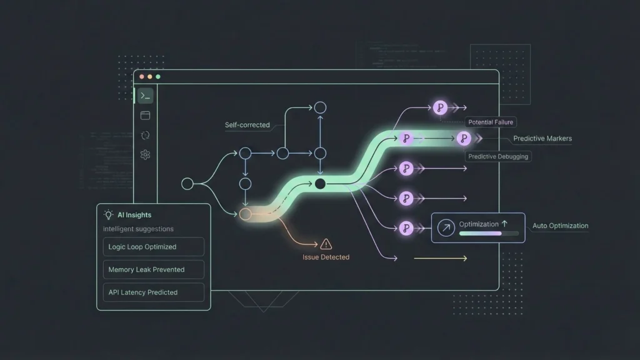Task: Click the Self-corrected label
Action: click(x=247, y=125)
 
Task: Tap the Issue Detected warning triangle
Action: click(x=326, y=244)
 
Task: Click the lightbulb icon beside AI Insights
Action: click(x=109, y=214)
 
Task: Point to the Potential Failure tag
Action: click(x=491, y=122)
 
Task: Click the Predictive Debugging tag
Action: click(x=498, y=156)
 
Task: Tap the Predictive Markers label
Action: click(x=542, y=139)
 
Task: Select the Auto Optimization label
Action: click(x=560, y=226)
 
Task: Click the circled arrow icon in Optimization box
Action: click(x=446, y=228)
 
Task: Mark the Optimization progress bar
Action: click(x=489, y=233)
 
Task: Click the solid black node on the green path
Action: click(x=320, y=184)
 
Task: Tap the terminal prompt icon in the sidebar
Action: click(x=145, y=96)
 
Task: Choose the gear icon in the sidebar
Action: click(x=145, y=154)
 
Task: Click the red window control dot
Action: click(x=142, y=76)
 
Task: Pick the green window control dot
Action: click(x=158, y=76)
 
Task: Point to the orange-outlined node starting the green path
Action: click(x=245, y=214)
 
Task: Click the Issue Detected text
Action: click(x=326, y=257)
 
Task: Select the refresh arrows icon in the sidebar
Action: click(x=145, y=135)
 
